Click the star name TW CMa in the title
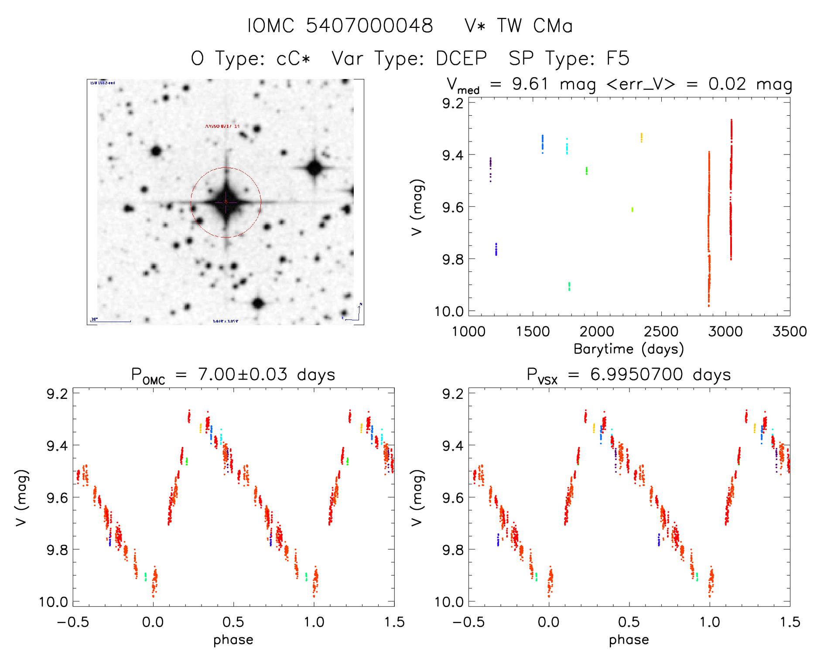(x=535, y=26)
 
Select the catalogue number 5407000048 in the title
(x=369, y=26)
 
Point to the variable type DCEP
(x=461, y=58)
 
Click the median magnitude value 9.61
(x=530, y=84)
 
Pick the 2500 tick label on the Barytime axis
(x=661, y=332)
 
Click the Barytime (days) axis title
(x=629, y=349)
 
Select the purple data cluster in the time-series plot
(x=490, y=169)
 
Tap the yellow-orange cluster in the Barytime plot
(x=641, y=137)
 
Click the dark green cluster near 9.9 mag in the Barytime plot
(x=569, y=286)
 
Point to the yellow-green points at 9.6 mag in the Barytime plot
(x=632, y=209)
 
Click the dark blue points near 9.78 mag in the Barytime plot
(x=496, y=249)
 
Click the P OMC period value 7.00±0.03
(x=243, y=374)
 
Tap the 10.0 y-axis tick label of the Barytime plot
(x=449, y=311)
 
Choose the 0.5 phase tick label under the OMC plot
(x=233, y=622)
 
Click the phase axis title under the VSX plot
(x=629, y=640)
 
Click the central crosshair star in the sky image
(x=226, y=202)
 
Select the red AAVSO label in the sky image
(x=222, y=126)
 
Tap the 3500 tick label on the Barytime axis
(x=790, y=332)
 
